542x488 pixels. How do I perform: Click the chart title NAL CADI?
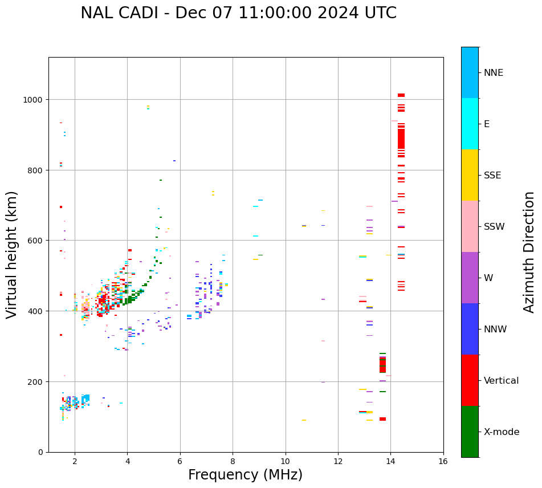click(x=238, y=13)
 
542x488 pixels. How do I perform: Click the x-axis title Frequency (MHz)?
click(x=245, y=475)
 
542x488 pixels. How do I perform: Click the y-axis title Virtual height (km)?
click(x=12, y=254)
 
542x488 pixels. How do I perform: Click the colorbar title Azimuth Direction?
click(x=529, y=252)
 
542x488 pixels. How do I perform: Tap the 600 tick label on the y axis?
click(x=38, y=241)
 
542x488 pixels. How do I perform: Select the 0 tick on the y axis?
click(x=41, y=452)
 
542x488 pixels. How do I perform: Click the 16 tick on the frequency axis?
click(x=443, y=462)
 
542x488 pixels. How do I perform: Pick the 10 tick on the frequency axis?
click(x=285, y=462)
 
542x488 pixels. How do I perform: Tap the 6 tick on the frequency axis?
click(x=180, y=462)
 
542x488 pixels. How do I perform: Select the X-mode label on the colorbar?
click(x=502, y=432)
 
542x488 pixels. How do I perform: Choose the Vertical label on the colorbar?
click(x=502, y=381)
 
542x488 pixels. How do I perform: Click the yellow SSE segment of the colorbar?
click(x=470, y=175)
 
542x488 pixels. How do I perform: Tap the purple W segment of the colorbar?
click(x=470, y=278)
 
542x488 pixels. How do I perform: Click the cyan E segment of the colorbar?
click(x=470, y=124)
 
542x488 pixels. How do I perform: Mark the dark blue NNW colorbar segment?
click(x=470, y=329)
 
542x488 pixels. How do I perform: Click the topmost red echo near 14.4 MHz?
click(x=401, y=95)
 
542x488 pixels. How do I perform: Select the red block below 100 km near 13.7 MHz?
click(x=382, y=419)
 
